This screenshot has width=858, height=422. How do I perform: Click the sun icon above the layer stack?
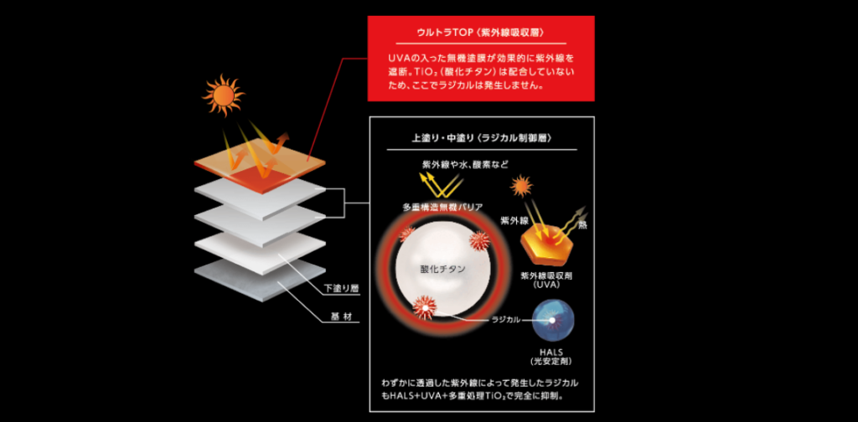click(x=222, y=95)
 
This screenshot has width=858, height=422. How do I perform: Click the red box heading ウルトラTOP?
click(x=481, y=32)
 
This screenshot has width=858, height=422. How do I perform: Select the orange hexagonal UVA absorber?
click(x=545, y=248)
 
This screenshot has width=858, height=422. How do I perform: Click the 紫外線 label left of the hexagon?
click(x=513, y=220)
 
